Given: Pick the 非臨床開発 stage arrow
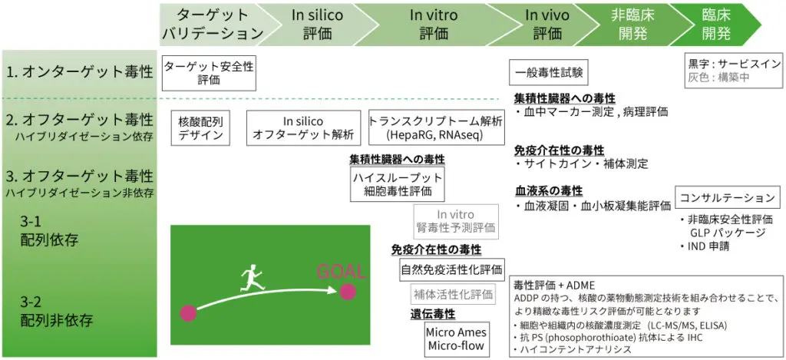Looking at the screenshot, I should (x=628, y=25).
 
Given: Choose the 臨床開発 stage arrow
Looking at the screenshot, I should (x=715, y=25).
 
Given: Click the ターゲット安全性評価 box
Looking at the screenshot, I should (x=209, y=73).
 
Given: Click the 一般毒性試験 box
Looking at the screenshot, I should (x=549, y=73).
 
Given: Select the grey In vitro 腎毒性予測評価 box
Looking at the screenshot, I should (x=456, y=221).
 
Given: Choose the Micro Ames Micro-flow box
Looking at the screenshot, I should (x=456, y=339).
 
